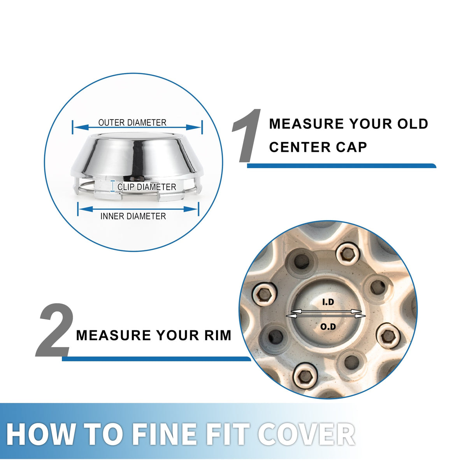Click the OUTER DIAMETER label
[x=132, y=123]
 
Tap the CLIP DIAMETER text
[x=147, y=187]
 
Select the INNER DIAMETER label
[x=133, y=216]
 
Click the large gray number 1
[x=246, y=136]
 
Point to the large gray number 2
[x=54, y=330]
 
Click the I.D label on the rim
[x=328, y=302]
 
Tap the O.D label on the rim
[x=328, y=327]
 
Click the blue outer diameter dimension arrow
[x=137, y=127]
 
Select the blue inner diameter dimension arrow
[x=138, y=209]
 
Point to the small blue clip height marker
[x=112, y=186]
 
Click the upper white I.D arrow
[x=326, y=311]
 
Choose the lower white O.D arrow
[x=326, y=316]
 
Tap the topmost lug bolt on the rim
[x=348, y=255]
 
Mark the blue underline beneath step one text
[x=341, y=166]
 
